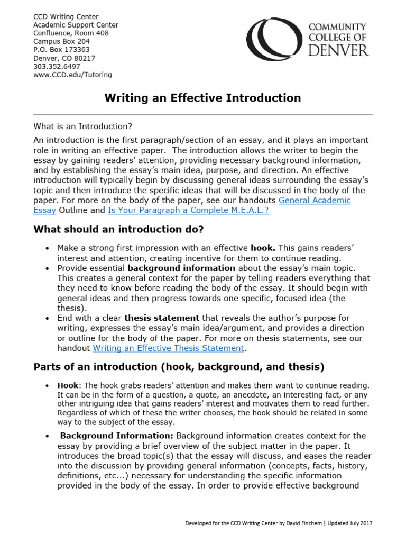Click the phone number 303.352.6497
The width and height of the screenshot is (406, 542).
pos(57,67)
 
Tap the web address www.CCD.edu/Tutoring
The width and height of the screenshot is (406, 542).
pos(72,75)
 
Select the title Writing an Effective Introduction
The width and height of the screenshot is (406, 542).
pos(202,98)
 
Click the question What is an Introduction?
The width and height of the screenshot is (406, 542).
pos(82,127)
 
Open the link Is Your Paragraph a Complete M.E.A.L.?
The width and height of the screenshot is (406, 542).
pos(188,210)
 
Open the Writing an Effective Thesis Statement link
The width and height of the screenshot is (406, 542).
pos(169,348)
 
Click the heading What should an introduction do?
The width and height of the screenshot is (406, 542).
pos(118,229)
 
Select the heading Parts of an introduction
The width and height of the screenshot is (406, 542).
pos(179,366)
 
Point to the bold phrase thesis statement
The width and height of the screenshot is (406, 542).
pos(162,318)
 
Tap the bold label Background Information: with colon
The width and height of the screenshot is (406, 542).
pos(116,436)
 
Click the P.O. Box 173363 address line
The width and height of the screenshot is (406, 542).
pos(61,50)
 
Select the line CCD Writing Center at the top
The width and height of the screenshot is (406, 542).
pos(66,16)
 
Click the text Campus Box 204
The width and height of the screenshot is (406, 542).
pos(61,41)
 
